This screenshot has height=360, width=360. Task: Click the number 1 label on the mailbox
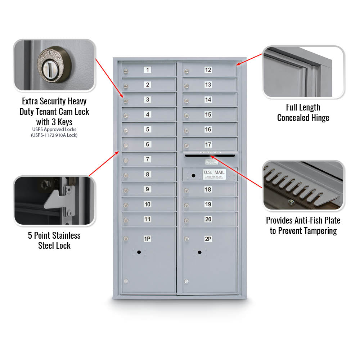(x=148, y=70)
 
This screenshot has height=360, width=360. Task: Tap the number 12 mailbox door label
(x=208, y=70)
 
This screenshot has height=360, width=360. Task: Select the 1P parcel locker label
(x=147, y=239)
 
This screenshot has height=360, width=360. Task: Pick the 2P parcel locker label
(x=208, y=239)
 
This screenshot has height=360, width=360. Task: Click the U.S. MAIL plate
(x=214, y=174)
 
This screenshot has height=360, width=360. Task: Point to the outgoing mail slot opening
(x=210, y=156)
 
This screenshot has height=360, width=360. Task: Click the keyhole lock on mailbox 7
(x=126, y=160)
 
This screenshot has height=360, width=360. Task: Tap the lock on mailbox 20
(x=186, y=220)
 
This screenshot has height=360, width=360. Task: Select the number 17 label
(x=208, y=144)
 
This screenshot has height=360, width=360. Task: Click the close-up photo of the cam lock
(x=54, y=65)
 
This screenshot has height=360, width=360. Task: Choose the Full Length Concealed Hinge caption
(x=303, y=112)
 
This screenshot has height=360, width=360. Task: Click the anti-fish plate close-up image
(x=303, y=186)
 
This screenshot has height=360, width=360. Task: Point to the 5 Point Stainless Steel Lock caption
(x=54, y=240)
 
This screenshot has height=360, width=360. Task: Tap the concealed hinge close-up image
(x=303, y=72)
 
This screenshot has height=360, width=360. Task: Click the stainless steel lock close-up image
(x=54, y=201)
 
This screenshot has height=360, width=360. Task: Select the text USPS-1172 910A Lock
(x=54, y=135)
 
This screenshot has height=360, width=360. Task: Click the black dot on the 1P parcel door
(x=139, y=252)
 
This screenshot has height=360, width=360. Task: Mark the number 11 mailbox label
(x=148, y=219)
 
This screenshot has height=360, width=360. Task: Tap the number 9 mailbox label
(x=148, y=189)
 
